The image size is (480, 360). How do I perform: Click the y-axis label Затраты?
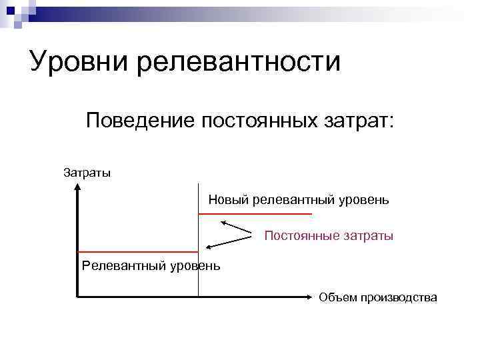(87, 173)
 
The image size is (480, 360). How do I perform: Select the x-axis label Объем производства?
(378, 297)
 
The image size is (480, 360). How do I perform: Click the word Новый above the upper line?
(228, 199)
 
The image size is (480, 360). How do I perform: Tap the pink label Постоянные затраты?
(329, 235)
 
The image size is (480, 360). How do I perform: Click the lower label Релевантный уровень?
(151, 267)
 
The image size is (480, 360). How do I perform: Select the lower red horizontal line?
(138, 252)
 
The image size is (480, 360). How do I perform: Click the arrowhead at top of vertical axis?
(78, 187)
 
